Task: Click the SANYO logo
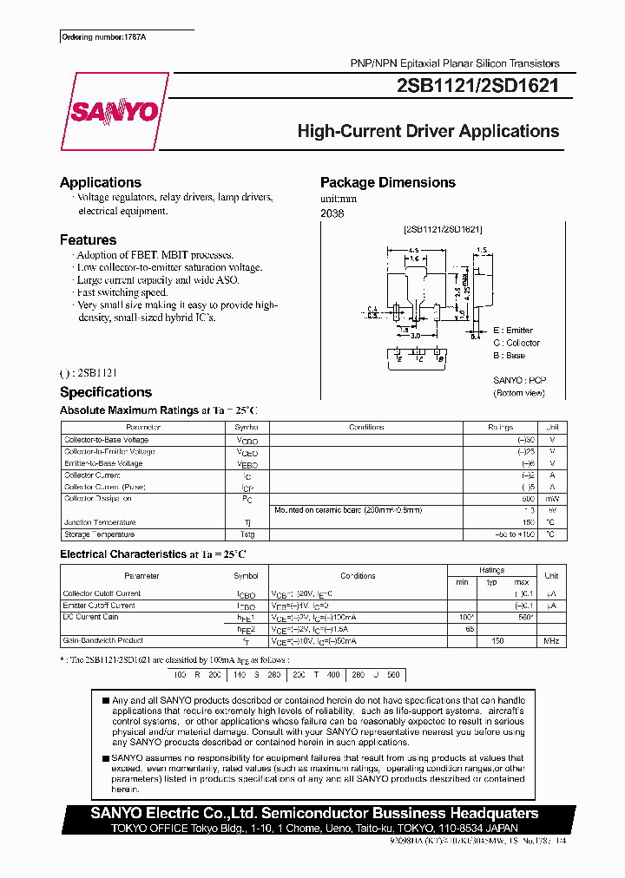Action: pyautogui.click(x=114, y=111)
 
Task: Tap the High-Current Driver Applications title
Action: pyautogui.click(x=428, y=131)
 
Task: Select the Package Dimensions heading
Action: pyautogui.click(x=387, y=182)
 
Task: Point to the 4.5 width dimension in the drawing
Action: pyautogui.click(x=415, y=249)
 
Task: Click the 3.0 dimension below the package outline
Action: pyautogui.click(x=416, y=335)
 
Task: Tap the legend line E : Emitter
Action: pyautogui.click(x=513, y=331)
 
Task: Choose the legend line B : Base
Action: pyautogui.click(x=509, y=355)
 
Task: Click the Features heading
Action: pyautogui.click(x=88, y=239)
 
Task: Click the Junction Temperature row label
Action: pyautogui.click(x=100, y=522)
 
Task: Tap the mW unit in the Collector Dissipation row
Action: pyautogui.click(x=550, y=499)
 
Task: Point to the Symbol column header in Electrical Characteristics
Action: pyautogui.click(x=246, y=575)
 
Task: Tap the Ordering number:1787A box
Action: pyautogui.click(x=94, y=37)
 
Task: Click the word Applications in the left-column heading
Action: pyautogui.click(x=100, y=182)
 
